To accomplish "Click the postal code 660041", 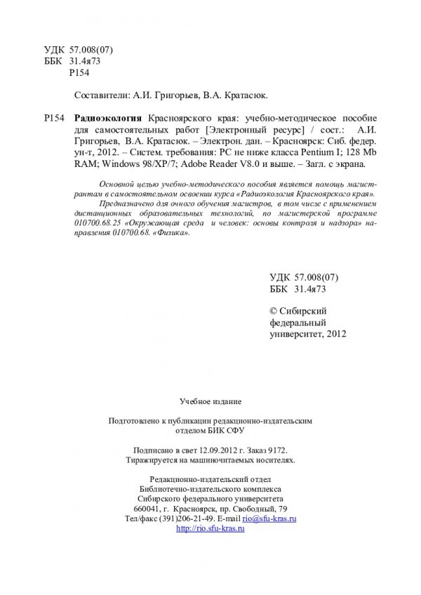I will click(x=156, y=508).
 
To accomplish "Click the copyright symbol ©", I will click(x=274, y=309).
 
